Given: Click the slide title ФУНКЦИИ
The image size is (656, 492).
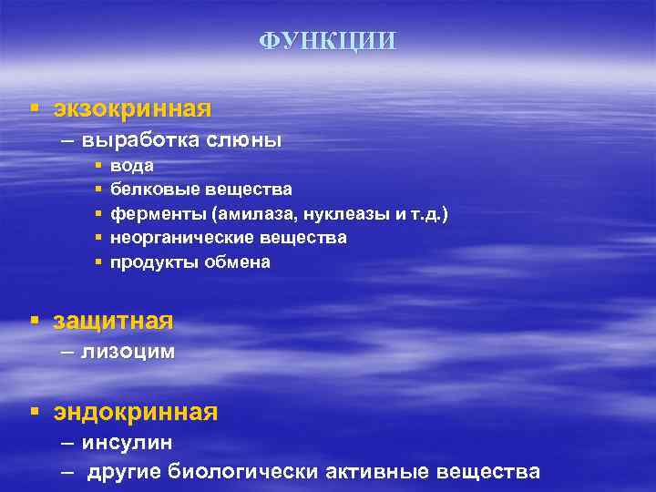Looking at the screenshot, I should [328, 42].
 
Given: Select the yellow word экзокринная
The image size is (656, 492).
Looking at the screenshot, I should [132, 109].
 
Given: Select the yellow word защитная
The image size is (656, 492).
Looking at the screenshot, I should [113, 321].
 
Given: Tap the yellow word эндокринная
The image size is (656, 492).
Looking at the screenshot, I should [135, 412].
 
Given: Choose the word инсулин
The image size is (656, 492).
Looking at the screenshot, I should [127, 442].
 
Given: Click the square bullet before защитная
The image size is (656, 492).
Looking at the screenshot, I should [34, 321].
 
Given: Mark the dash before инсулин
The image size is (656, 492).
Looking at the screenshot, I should [68, 442].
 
